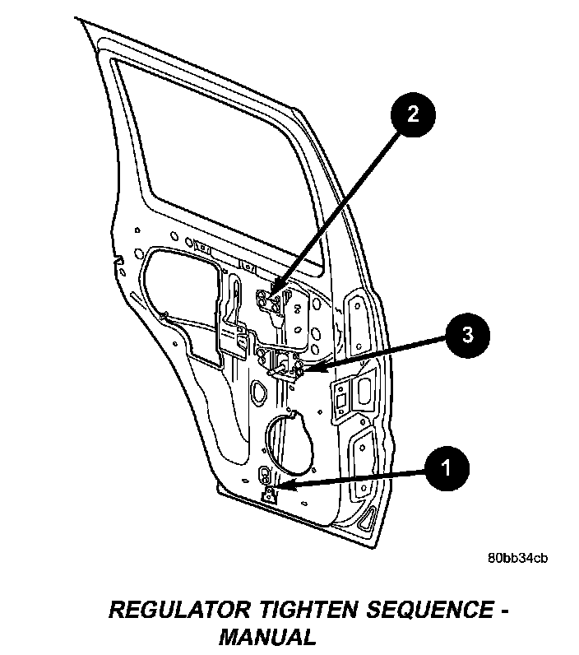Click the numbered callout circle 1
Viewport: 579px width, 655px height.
(x=445, y=469)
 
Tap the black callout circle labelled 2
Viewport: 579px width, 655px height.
(x=412, y=114)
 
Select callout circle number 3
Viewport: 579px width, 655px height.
(x=466, y=336)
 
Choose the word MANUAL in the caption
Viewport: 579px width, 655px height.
(x=266, y=636)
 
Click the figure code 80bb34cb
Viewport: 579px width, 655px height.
(x=516, y=559)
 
